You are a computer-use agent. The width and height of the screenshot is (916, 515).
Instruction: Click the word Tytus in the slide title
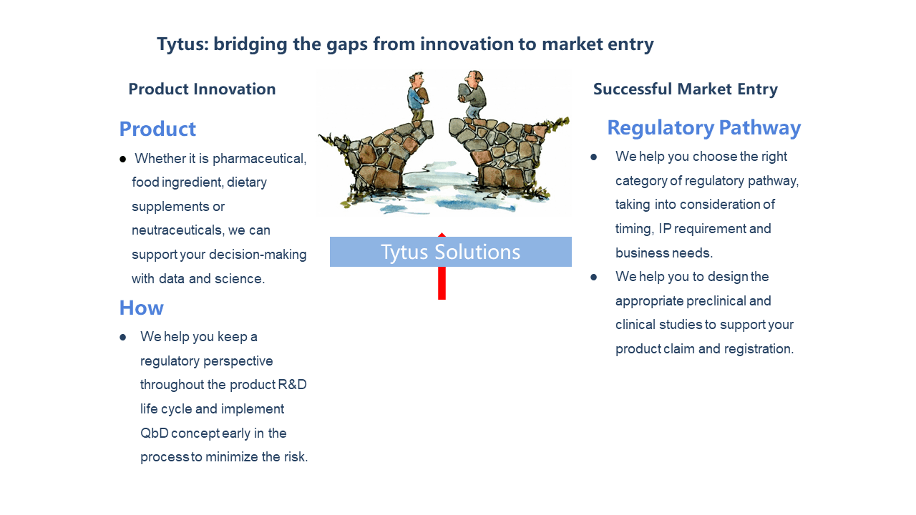tap(182, 44)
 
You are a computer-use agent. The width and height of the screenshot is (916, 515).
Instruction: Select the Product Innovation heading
tap(202, 89)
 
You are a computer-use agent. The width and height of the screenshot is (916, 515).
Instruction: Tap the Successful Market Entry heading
tap(686, 89)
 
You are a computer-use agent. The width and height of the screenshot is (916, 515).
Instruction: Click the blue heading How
tap(142, 308)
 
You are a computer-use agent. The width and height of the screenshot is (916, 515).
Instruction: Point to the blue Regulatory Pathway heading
tap(703, 128)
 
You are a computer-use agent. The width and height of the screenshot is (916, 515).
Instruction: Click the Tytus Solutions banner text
tap(451, 252)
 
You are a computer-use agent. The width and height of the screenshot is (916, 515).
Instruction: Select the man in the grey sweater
tap(472, 95)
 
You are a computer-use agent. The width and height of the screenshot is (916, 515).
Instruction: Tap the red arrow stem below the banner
tap(442, 283)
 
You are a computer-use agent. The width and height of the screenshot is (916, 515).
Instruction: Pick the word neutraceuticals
tap(178, 230)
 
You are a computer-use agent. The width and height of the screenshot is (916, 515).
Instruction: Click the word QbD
tap(154, 433)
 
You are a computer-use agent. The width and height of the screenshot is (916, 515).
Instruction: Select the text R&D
tap(292, 385)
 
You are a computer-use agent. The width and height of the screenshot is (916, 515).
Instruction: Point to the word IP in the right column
tap(665, 228)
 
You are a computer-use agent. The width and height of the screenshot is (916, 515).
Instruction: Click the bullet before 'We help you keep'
tap(122, 337)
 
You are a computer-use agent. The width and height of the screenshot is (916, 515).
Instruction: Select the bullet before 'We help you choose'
tap(594, 157)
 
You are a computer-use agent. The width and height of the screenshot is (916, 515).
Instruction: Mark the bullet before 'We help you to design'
tap(594, 277)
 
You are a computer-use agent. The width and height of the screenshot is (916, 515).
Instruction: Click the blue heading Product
tap(157, 129)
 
